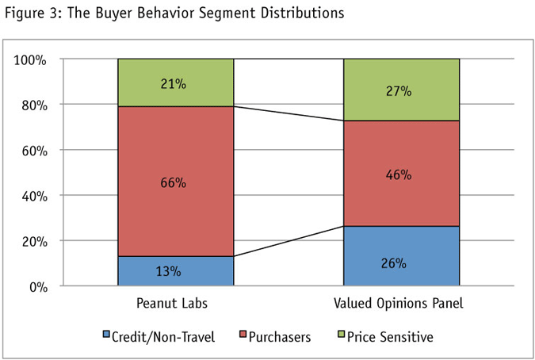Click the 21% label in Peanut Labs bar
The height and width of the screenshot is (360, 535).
(175, 82)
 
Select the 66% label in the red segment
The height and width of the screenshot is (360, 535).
(175, 183)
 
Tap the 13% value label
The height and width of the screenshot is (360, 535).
(175, 271)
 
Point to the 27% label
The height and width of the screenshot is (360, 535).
(400, 90)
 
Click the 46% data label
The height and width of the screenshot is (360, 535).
(400, 174)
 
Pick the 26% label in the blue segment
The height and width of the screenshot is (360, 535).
(400, 262)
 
